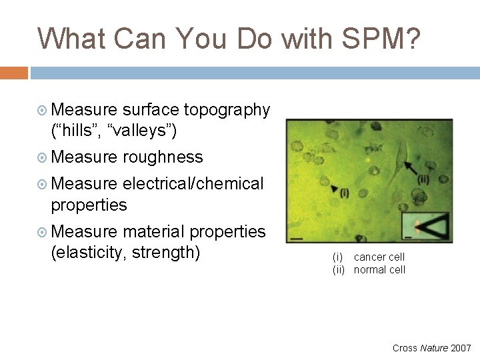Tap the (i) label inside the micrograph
(343, 193)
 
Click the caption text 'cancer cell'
(379, 257)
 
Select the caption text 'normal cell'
(379, 270)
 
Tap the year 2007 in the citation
(461, 347)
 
